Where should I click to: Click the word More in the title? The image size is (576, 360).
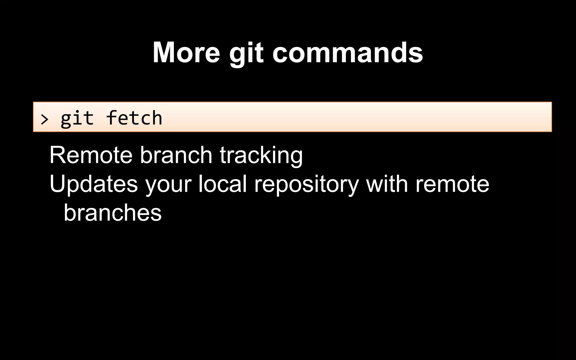(x=186, y=53)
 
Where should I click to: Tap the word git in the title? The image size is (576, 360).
(x=246, y=53)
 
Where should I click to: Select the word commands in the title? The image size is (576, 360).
(x=348, y=53)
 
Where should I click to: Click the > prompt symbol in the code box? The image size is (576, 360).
(x=44, y=119)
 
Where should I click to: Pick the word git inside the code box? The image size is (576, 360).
(x=77, y=118)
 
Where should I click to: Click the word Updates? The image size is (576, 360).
(x=94, y=184)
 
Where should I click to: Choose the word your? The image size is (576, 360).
(x=168, y=185)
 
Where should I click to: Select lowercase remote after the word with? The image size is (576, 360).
(x=452, y=184)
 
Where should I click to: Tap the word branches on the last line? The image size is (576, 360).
(x=112, y=212)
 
